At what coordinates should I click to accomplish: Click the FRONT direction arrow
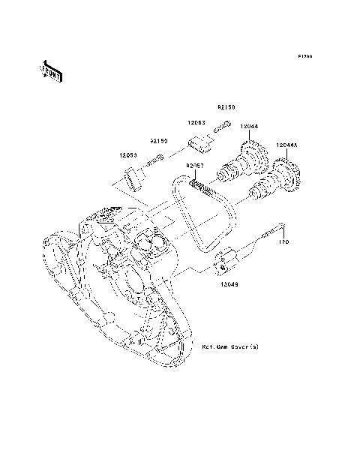[50, 70]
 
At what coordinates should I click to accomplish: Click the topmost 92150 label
[226, 107]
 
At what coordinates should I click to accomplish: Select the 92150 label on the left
[159, 140]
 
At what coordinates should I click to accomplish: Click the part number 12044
[249, 126]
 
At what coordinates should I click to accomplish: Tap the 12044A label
[287, 144]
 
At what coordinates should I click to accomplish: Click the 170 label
[284, 242]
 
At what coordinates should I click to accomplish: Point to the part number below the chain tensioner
[230, 284]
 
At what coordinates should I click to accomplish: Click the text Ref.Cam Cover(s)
[230, 348]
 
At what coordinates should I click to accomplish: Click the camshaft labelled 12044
[244, 161]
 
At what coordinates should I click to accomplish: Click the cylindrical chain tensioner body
[226, 262]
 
